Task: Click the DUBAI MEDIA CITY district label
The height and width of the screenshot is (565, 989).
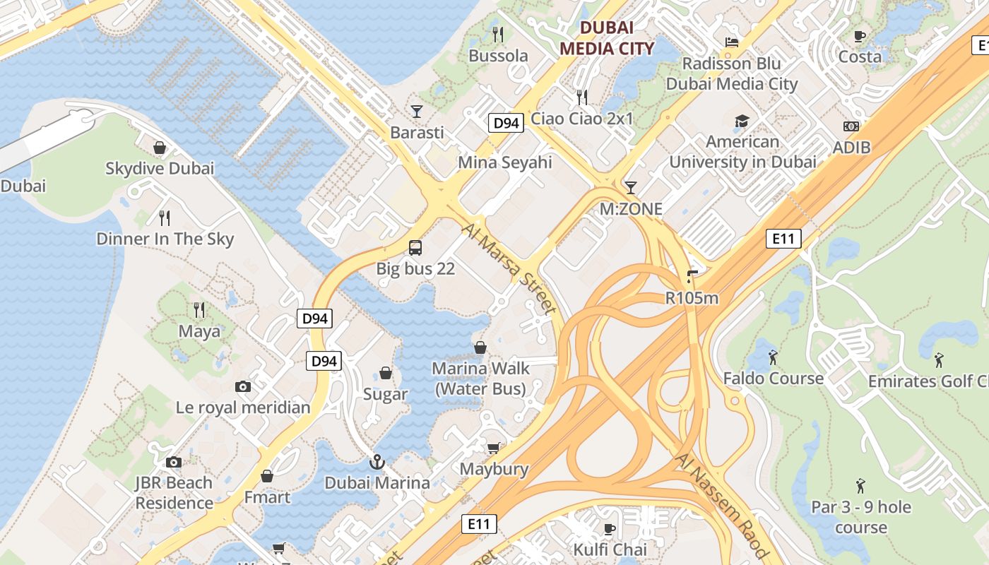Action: click(606, 38)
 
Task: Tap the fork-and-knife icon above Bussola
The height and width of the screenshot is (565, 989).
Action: click(498, 34)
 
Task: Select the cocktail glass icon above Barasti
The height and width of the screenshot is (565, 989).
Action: click(417, 112)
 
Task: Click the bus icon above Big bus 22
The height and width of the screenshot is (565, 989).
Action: click(415, 248)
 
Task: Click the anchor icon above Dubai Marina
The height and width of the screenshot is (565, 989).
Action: click(377, 462)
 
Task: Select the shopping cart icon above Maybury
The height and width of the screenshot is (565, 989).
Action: click(493, 448)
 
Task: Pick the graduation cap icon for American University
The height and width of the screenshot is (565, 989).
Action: click(742, 121)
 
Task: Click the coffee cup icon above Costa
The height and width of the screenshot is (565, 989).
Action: click(860, 35)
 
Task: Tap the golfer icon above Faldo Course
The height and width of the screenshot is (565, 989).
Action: click(773, 357)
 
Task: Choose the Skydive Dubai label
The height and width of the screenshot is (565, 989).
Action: click(160, 168)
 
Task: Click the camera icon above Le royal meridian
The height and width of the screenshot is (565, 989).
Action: click(243, 386)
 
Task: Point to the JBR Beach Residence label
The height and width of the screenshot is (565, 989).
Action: click(174, 493)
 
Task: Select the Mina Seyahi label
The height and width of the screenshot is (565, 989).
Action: click(504, 162)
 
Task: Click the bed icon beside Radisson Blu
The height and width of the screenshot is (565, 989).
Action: click(732, 42)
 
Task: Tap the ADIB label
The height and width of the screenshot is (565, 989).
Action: click(851, 148)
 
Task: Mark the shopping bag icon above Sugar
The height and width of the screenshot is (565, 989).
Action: click(386, 373)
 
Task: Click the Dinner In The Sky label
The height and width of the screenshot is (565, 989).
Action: click(165, 239)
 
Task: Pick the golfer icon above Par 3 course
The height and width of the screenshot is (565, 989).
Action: click(860, 486)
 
